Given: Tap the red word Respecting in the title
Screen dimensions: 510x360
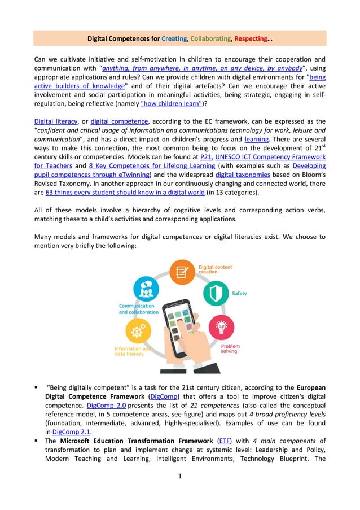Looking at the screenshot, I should [x=252, y=39].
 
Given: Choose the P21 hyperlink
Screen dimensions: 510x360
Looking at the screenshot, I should [x=205, y=157].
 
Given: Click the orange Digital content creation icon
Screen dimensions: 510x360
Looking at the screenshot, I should [x=182, y=272].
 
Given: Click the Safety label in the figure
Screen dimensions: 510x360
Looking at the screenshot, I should [x=239, y=294].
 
